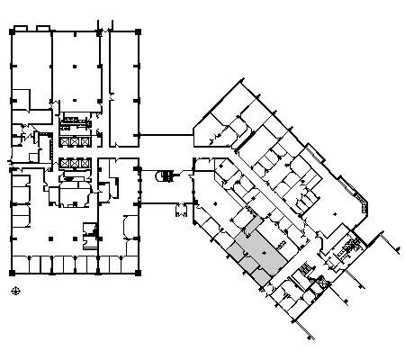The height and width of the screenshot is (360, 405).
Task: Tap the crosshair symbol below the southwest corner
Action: click(x=15, y=291)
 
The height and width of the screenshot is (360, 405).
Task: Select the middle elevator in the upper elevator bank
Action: click(x=75, y=141)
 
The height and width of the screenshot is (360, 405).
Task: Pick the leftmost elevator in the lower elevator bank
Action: click(x=64, y=164)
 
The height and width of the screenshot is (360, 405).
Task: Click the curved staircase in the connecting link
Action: click(x=165, y=175)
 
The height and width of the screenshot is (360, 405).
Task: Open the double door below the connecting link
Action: click(x=181, y=212)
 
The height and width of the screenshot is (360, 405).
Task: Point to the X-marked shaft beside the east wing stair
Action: click(x=317, y=286)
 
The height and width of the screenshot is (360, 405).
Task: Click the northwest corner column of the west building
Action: click(x=12, y=31)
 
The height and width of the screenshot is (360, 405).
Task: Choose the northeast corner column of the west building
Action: click(x=138, y=31)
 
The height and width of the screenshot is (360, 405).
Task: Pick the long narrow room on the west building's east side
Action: click(x=122, y=85)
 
